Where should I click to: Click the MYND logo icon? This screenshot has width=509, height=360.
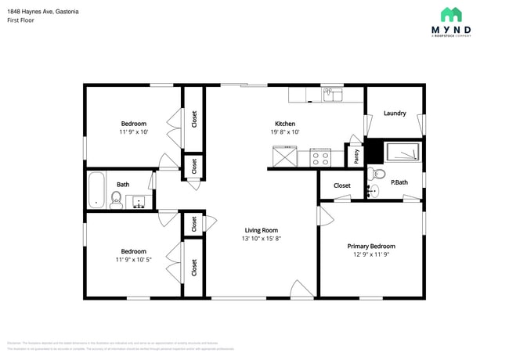point(451,14)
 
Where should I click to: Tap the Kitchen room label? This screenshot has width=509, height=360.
point(284,124)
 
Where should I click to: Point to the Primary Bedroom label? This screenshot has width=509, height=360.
point(371,246)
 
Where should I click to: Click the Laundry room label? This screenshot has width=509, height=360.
point(395,113)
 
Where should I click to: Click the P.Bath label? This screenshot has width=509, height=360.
point(399,182)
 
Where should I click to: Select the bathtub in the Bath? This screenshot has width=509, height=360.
point(96,190)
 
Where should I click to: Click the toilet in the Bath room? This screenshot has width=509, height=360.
point(116,200)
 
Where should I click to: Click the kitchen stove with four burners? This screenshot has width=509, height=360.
point(320,157)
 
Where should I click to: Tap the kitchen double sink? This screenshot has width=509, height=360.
point(332,95)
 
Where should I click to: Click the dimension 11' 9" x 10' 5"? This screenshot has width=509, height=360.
point(133,259)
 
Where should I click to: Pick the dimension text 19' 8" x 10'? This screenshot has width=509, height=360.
point(284,132)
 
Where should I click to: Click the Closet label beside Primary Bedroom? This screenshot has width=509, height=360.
point(342,185)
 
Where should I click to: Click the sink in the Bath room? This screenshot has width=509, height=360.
point(139,202)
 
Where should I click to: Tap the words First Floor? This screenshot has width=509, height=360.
point(22,20)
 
